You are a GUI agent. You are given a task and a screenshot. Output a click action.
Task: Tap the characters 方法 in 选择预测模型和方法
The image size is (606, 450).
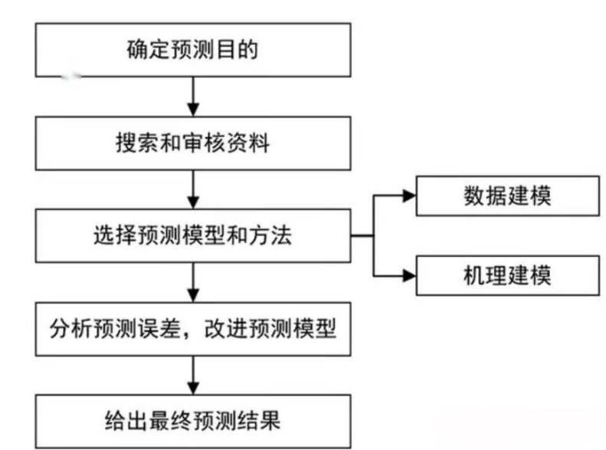tap(272, 236)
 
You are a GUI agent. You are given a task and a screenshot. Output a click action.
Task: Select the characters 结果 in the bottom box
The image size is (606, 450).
tap(261, 421)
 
